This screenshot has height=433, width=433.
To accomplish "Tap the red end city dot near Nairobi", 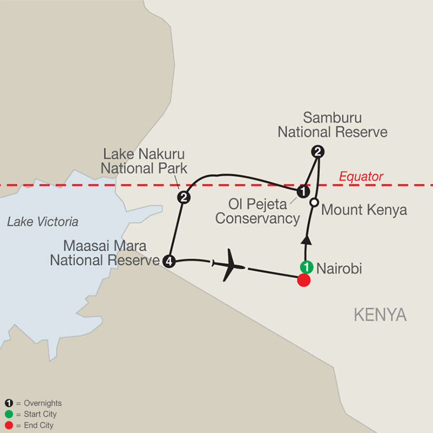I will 304,280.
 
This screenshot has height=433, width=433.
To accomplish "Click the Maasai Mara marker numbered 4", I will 168,261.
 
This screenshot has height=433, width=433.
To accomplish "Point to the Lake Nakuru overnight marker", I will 183,197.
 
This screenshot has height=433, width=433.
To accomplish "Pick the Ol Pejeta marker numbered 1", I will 303,191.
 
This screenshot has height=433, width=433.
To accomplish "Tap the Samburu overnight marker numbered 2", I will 318,152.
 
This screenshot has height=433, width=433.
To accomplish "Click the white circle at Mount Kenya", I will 314,203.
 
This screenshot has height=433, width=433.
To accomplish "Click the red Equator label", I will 361,177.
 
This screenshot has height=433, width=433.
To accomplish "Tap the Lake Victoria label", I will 42,222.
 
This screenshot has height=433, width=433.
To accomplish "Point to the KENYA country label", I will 380,315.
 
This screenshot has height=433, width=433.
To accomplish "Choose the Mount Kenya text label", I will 364,210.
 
